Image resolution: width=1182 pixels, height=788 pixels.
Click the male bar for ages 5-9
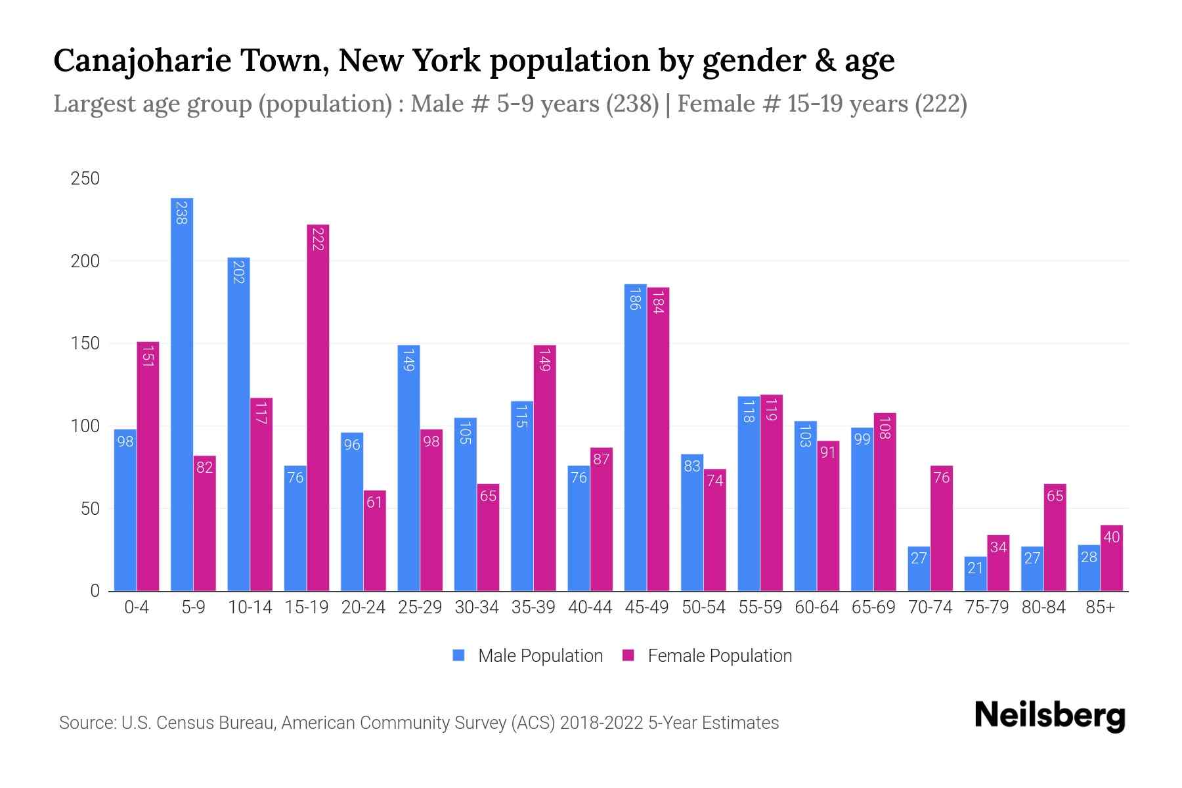[x=182, y=394]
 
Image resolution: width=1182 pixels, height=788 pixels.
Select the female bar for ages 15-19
[x=318, y=407]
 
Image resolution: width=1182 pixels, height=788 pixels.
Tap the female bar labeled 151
[x=148, y=466]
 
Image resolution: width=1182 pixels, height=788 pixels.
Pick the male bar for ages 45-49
[x=635, y=437]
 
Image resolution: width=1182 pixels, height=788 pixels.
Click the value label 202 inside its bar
[x=238, y=271]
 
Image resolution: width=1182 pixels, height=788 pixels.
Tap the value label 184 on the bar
[x=658, y=301]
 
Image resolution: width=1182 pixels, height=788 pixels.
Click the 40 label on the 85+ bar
[x=1111, y=537]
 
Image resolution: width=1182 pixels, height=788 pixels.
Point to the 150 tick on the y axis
[x=85, y=343]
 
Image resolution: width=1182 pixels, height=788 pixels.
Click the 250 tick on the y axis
[x=85, y=179]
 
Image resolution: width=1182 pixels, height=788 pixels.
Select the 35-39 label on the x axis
[x=533, y=607]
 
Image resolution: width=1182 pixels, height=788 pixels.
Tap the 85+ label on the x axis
[x=1100, y=607]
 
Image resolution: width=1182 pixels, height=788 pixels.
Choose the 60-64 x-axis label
[x=816, y=607]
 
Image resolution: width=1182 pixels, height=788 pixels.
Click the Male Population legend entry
[x=528, y=656]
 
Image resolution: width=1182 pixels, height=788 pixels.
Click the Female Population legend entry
[x=707, y=656]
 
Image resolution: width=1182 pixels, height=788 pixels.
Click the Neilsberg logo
[x=1049, y=716]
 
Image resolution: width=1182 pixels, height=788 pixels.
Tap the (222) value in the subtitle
[x=941, y=104]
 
